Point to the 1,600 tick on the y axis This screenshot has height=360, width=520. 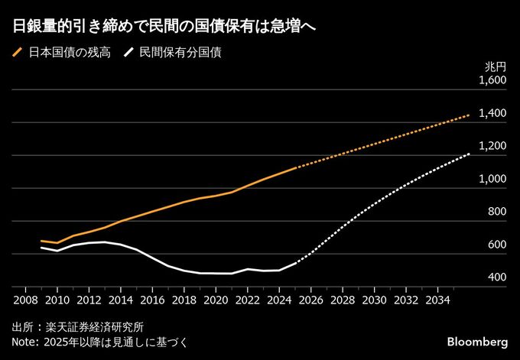tap(492, 80)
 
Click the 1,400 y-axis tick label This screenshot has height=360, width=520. tap(492, 113)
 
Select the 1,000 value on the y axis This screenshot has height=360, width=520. tap(492, 179)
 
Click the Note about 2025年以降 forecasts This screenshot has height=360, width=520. tap(99, 342)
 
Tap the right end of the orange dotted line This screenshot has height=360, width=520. tap(469, 115)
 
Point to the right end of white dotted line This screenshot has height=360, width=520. tap(469, 154)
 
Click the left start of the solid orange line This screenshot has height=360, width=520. tap(41, 241)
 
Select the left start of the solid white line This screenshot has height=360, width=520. tap(41, 248)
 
